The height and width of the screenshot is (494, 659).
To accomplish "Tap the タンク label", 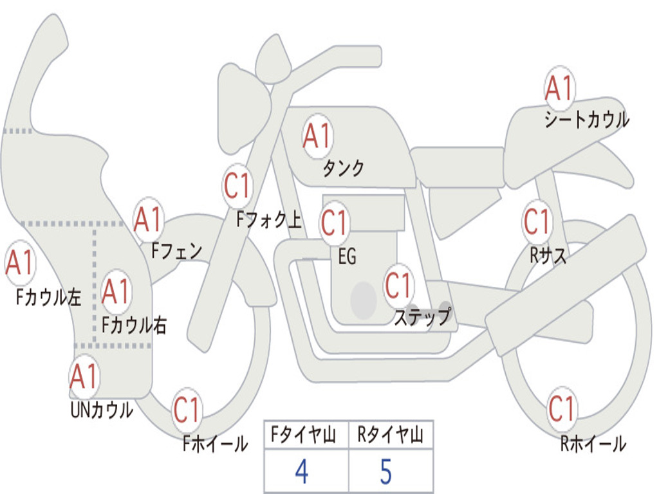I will tap(343, 168).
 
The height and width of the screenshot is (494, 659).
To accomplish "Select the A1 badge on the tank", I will tap(317, 136).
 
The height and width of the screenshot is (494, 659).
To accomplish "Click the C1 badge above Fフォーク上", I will tap(237, 187).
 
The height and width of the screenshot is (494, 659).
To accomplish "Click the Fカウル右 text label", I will tap(135, 325).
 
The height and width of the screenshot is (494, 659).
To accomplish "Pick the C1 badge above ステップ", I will tap(398, 285).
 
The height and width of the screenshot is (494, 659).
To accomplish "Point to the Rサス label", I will tap(548, 255).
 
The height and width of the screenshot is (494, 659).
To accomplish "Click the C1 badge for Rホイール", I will tap(562, 408).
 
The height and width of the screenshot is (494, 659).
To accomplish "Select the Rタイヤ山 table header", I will tap(390, 437).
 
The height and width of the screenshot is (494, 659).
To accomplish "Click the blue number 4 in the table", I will tap(301, 472).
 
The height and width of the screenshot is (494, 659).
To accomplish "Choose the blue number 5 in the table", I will tap(385, 472).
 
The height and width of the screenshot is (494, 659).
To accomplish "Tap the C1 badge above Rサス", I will tap(536, 221).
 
